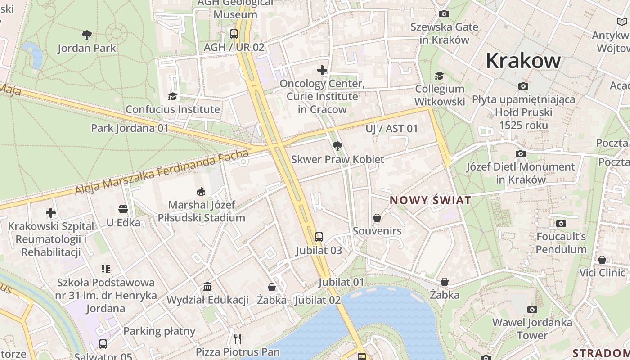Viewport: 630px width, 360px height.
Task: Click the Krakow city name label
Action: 523,61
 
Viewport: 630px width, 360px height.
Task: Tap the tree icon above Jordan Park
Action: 87,35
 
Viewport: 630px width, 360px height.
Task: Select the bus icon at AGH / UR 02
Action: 234,34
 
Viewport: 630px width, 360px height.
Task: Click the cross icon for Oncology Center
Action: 322,70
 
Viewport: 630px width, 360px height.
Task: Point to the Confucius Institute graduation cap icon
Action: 172,96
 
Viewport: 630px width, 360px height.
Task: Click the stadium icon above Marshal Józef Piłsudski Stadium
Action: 201,192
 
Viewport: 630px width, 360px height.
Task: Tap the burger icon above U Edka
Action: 123,209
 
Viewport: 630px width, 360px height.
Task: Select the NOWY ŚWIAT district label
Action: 430,201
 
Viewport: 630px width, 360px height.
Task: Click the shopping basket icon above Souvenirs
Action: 377,218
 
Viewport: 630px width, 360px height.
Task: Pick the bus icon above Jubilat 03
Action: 319,237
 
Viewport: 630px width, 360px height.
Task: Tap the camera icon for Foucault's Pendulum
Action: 561,223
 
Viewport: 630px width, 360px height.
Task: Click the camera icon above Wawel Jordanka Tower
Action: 532,309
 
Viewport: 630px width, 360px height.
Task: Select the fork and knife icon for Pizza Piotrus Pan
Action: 238,338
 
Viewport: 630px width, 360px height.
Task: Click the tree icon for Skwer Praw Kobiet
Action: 337,146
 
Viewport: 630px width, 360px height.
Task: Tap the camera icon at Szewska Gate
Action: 444,13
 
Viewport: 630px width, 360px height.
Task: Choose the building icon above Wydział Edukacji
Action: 207,287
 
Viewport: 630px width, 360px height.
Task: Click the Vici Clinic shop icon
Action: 602,260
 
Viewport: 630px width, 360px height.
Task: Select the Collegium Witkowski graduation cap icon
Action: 439,76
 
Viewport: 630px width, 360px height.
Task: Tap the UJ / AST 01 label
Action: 391,129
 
